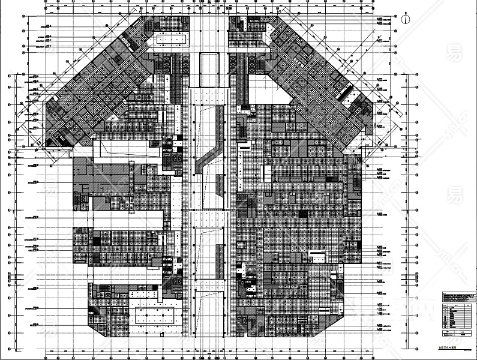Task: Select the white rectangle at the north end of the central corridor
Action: coord(208,69)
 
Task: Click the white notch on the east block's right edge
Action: coord(318,257)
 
